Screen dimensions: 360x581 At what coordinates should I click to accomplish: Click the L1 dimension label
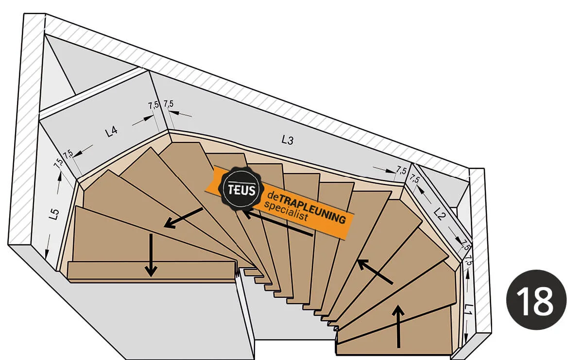(x=468, y=309)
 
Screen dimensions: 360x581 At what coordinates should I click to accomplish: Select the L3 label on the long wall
(x=288, y=140)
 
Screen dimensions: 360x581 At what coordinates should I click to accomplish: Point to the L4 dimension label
(x=111, y=131)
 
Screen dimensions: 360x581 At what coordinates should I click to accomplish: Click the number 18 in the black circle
(x=536, y=300)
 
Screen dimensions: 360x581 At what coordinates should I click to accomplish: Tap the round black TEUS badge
(x=239, y=189)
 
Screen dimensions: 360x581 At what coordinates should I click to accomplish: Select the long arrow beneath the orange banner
(x=277, y=223)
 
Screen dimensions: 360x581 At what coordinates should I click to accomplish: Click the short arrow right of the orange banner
(x=375, y=271)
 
